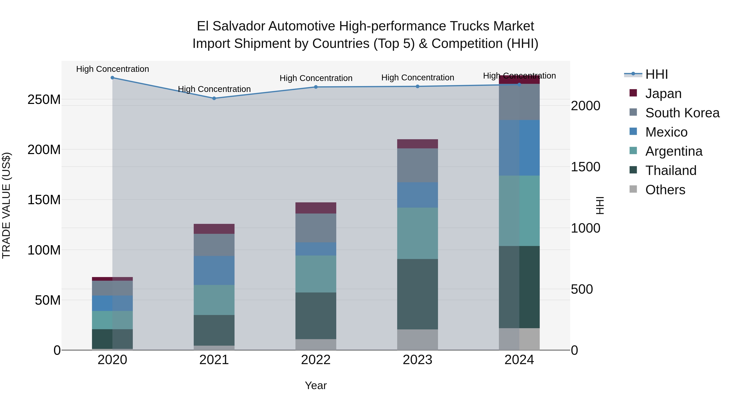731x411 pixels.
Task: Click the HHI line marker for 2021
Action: [214, 98]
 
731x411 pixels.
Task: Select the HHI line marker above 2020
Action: [112, 78]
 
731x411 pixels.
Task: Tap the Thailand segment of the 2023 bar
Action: [417, 294]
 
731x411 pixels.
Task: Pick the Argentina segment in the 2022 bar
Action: [316, 274]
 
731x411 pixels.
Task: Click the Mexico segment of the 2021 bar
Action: [214, 270]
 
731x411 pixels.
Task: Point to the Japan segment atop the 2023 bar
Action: [417, 144]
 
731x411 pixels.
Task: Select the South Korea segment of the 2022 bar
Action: [316, 228]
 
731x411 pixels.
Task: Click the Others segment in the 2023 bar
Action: [417, 340]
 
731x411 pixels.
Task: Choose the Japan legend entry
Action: [663, 94]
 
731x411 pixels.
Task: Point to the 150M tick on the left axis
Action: [44, 200]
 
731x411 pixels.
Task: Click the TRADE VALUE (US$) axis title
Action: [6, 205]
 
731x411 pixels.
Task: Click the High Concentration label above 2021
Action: [214, 89]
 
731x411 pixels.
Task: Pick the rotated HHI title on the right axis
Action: [599, 205]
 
